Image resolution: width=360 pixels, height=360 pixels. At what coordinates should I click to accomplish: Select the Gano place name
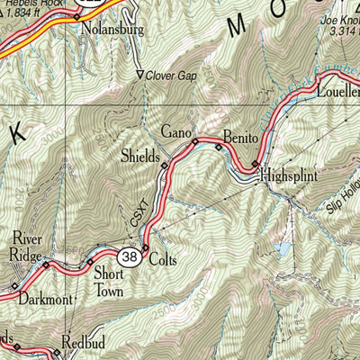176,132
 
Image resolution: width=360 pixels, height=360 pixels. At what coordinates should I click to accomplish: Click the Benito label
240,138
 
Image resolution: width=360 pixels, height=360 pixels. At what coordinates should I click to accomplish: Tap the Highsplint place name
291,177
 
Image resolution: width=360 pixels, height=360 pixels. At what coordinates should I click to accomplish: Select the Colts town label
162,260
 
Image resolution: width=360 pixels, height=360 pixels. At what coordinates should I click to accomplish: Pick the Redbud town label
85,343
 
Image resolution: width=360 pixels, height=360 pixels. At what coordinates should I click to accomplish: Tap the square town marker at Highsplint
255,164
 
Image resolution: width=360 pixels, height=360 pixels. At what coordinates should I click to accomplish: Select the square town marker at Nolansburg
76,16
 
